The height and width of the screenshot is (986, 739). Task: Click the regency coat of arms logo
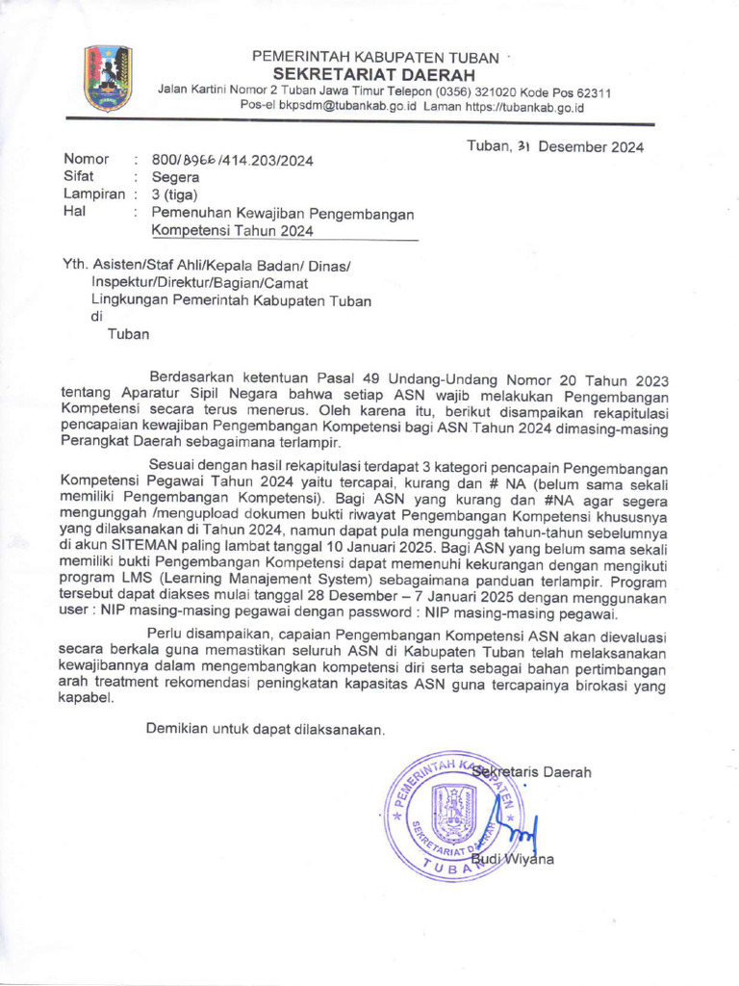[x=108, y=79]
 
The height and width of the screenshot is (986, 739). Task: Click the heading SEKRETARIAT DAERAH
[x=374, y=75]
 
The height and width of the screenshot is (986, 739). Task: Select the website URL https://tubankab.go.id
[x=524, y=107]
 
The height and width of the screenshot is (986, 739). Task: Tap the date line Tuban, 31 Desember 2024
[x=555, y=146]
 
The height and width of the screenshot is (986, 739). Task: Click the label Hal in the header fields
[x=73, y=212]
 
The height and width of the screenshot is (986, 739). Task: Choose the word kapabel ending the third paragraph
[x=86, y=700]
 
